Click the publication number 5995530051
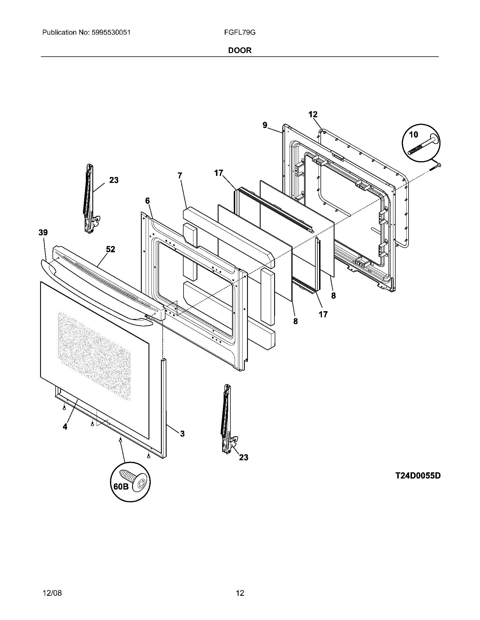(111, 33)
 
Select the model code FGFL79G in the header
(239, 33)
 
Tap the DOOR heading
(240, 50)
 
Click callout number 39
(43, 233)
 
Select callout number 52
(110, 249)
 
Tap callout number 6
(147, 201)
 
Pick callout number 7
(179, 176)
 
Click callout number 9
(265, 125)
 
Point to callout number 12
(313, 114)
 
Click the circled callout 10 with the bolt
(421, 143)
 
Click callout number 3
(182, 433)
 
